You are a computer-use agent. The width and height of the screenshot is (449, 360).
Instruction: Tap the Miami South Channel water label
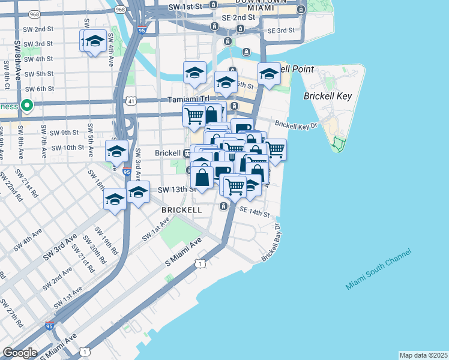pos(379,268)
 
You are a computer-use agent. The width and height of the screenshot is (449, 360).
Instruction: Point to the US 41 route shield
pos(139,101)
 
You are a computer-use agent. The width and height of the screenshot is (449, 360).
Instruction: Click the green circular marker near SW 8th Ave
pos(26,107)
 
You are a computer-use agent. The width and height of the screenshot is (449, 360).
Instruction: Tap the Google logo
pos(19,352)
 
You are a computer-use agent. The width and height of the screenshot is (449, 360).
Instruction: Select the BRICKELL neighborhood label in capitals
pos(181,210)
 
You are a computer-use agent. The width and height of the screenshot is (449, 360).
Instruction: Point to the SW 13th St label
pos(176,190)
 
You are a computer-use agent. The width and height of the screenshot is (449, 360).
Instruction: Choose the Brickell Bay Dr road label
pos(271,242)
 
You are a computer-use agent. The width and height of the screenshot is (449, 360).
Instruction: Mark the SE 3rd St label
pos(281,30)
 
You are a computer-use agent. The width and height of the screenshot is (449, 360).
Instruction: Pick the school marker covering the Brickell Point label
pos(269,74)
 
